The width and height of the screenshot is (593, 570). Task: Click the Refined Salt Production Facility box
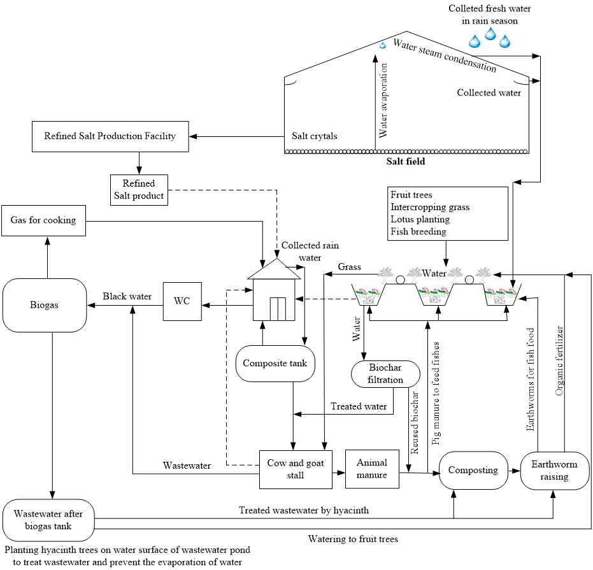[110, 136]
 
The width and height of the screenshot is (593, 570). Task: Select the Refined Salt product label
[139, 190]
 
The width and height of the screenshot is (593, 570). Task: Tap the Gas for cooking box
[43, 220]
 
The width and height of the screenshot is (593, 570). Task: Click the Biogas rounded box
[44, 305]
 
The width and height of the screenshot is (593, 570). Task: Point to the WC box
[182, 301]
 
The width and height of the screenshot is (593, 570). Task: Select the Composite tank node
[275, 364]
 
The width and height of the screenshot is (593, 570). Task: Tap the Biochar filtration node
[385, 374]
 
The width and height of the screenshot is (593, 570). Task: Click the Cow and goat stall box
[296, 469]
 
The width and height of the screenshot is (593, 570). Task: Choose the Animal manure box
[372, 469]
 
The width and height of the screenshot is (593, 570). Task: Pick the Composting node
[473, 471]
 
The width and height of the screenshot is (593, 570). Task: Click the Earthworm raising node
[555, 471]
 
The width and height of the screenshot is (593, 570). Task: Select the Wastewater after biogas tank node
[48, 520]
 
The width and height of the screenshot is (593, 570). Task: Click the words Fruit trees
[411, 195]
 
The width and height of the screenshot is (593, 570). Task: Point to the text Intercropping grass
[430, 207]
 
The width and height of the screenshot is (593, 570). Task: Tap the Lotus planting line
[420, 219]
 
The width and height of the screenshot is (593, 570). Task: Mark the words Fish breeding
[418, 231]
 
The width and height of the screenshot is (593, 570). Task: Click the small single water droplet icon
[383, 46]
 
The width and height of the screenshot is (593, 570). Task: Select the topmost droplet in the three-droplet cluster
[490, 33]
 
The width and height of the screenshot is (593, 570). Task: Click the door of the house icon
[278, 308]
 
